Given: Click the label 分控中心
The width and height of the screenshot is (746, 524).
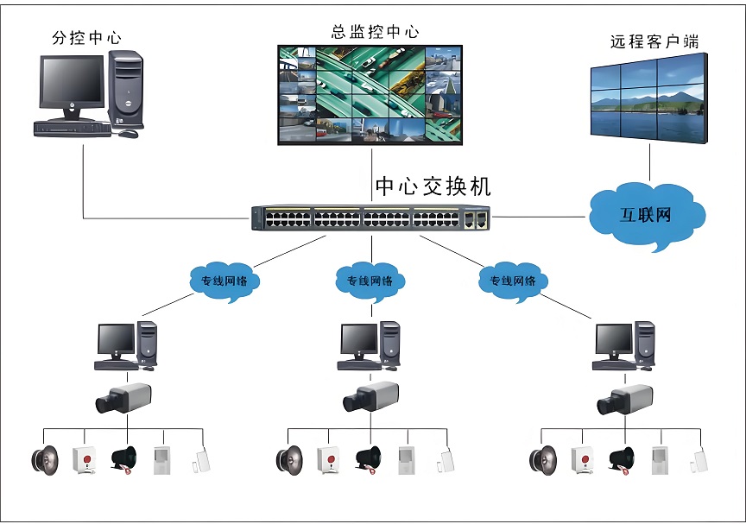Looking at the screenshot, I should pos(86,38).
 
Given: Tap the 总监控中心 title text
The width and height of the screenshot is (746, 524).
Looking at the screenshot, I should pos(375,32).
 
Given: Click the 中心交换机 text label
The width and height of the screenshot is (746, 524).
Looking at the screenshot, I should pos(433,186).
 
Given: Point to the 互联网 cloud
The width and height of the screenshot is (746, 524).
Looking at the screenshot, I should pos(645,214).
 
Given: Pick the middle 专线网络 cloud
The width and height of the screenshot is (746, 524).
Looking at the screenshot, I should pos(370,281).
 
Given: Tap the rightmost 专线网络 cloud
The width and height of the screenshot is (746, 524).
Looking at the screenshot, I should pos(513,281).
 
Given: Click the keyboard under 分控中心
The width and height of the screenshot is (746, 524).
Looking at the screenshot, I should pos(73,129).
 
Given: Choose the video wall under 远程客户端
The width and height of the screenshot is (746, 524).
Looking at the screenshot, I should pos(648,97).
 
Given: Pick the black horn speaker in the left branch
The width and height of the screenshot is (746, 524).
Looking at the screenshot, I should pos(124,460).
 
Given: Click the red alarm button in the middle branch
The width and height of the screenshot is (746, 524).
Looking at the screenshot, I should pos(328,458).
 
